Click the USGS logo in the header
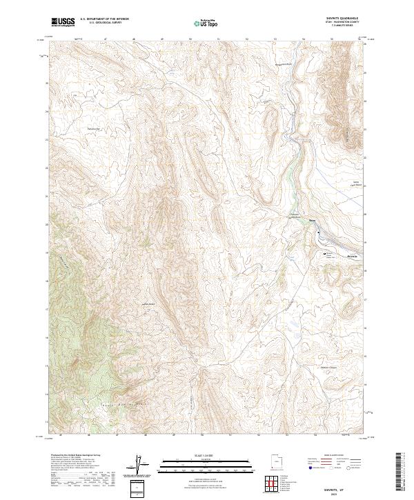[x=63, y=23]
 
